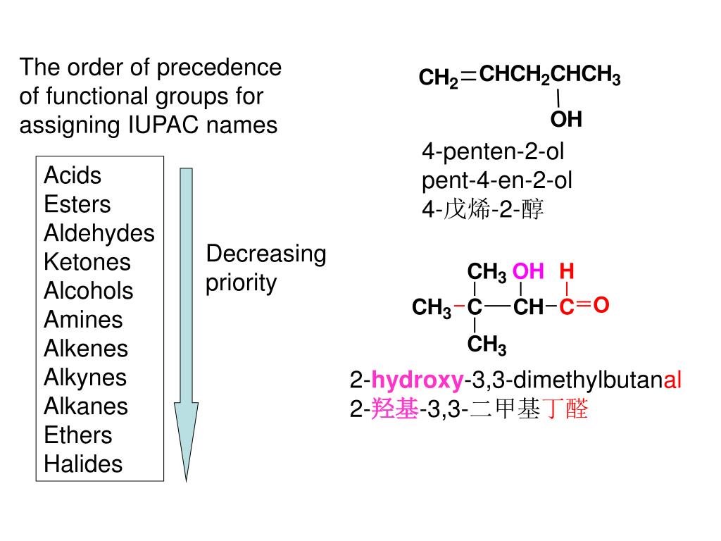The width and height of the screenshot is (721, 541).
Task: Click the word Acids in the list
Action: click(x=73, y=175)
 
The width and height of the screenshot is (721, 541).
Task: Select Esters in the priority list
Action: click(x=77, y=204)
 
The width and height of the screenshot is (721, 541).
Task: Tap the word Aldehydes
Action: click(x=99, y=233)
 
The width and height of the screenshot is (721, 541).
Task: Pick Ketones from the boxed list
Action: click(x=87, y=262)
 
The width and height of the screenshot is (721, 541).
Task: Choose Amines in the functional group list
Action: click(x=83, y=320)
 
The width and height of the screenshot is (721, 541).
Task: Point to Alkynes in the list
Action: click(x=85, y=378)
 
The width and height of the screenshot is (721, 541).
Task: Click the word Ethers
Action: click(x=78, y=435)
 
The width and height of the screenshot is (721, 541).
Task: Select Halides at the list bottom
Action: click(x=83, y=464)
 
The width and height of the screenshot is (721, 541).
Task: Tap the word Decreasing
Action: click(x=266, y=254)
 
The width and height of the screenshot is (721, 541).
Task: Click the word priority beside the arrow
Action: click(x=242, y=283)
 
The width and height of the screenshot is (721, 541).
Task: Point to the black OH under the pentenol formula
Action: click(x=566, y=120)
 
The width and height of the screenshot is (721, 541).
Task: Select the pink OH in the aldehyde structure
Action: click(x=528, y=271)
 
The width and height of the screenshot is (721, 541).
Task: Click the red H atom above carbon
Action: click(x=568, y=271)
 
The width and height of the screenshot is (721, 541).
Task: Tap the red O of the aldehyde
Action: click(x=601, y=305)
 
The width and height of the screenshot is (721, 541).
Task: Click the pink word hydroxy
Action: click(x=418, y=381)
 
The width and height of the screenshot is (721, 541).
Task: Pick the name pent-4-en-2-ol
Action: click(x=497, y=181)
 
